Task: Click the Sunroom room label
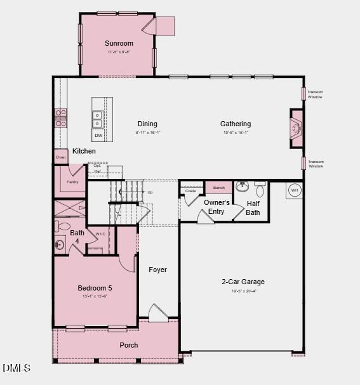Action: [119, 43]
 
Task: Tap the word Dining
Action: [147, 124]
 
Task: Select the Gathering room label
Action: [236, 124]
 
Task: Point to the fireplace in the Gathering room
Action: [296, 129]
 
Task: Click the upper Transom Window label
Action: [315, 93]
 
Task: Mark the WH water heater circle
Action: [294, 190]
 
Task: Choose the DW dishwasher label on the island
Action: [98, 135]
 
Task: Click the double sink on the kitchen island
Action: [98, 119]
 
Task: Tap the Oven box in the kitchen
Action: [61, 157]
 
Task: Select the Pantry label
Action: [72, 181]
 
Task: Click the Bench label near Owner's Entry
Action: [218, 188]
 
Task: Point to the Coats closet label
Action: [190, 190]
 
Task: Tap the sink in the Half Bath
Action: [242, 187]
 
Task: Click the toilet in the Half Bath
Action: [260, 189]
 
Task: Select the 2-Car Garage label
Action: [243, 282]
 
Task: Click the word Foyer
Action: [157, 270]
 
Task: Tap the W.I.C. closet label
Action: [100, 234]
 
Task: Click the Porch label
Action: [129, 345]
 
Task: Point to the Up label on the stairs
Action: [150, 192]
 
